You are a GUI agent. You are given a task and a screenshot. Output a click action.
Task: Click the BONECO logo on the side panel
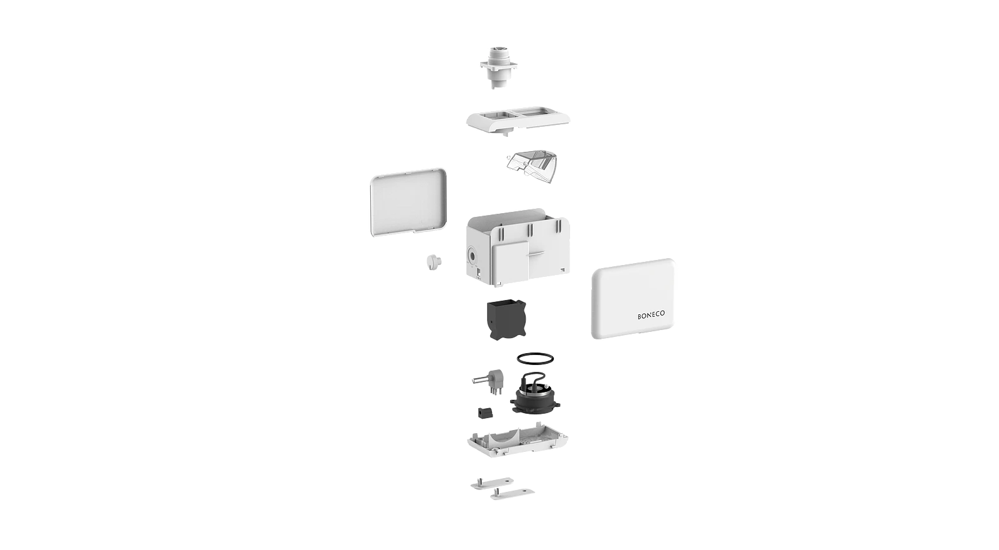click(651, 315)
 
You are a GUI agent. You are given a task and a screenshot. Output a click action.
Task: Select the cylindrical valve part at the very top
click(499, 67)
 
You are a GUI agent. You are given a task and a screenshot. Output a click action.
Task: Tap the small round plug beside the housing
click(432, 262)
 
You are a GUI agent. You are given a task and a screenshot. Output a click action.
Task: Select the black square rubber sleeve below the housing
click(506, 319)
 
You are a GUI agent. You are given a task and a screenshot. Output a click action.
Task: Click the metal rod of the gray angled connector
click(481, 381)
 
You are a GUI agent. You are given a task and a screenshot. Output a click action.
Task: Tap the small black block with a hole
click(485, 412)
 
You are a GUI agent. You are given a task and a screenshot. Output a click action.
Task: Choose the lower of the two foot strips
click(513, 494)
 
